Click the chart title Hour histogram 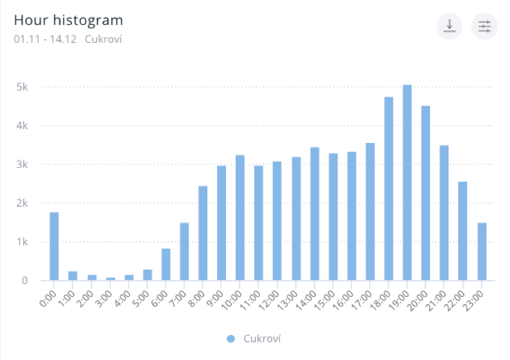pyautogui.click(x=68, y=20)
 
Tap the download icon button pyautogui.click(x=449, y=26)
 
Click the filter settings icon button pyautogui.click(x=484, y=26)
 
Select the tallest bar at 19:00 pyautogui.click(x=407, y=182)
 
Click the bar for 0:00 pyautogui.click(x=54, y=246)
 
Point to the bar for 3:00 pyautogui.click(x=110, y=278)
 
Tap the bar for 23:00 pyautogui.click(x=482, y=252)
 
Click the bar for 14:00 pyautogui.click(x=314, y=214)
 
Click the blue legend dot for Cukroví pyautogui.click(x=231, y=339)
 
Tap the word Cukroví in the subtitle pyautogui.click(x=103, y=39)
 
